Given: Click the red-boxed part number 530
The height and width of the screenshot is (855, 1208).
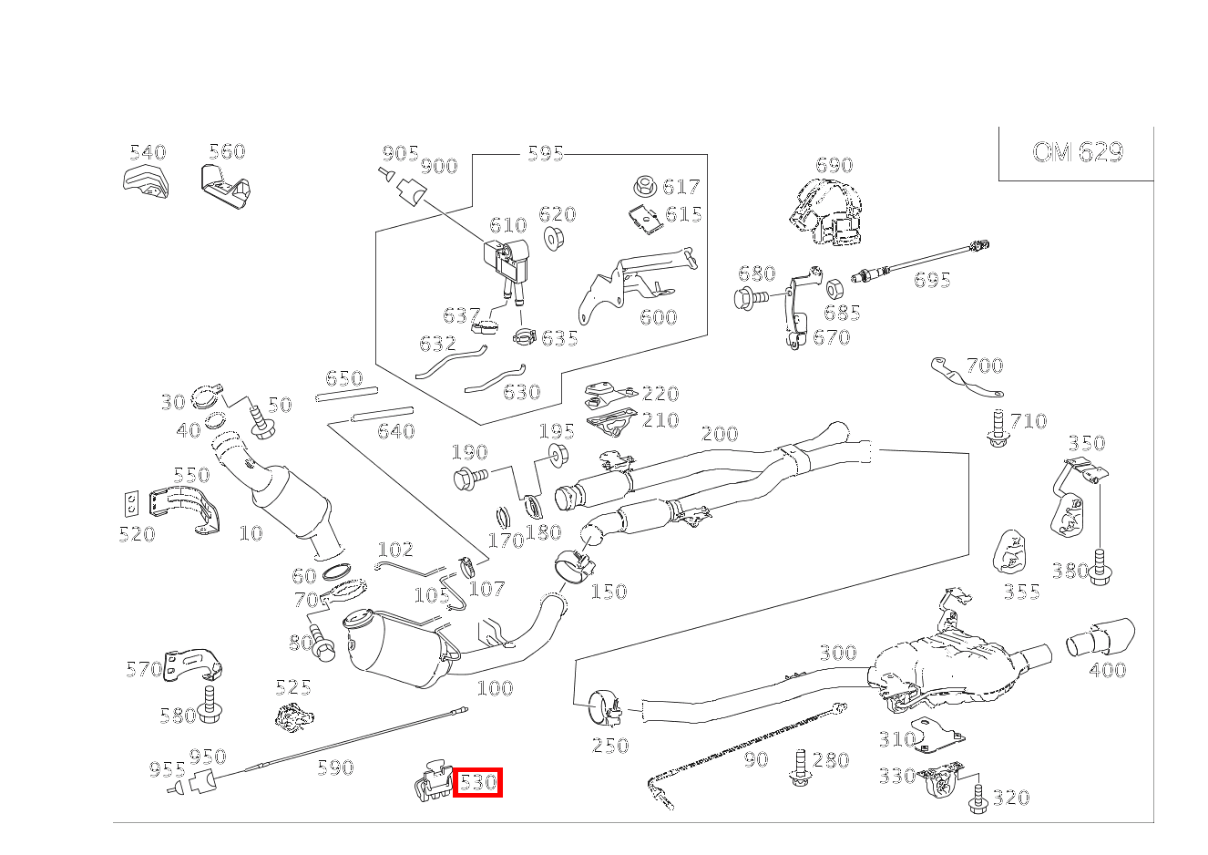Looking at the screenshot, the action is pyautogui.click(x=477, y=782).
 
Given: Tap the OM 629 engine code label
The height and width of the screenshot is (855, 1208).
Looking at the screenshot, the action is pyautogui.click(x=1078, y=152).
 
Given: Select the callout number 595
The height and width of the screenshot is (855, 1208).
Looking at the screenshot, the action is pyautogui.click(x=545, y=154).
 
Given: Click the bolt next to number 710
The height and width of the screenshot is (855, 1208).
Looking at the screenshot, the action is pyautogui.click(x=998, y=427).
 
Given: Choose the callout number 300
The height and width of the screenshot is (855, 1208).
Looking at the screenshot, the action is pyautogui.click(x=837, y=653).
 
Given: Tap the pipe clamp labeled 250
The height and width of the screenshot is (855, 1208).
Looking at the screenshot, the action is pyautogui.click(x=605, y=707).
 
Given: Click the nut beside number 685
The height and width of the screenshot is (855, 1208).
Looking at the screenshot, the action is pyautogui.click(x=834, y=289).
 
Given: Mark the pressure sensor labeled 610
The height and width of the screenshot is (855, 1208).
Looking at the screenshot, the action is pyautogui.click(x=506, y=261).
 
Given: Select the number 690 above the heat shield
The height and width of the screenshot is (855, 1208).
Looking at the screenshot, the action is pyautogui.click(x=834, y=164).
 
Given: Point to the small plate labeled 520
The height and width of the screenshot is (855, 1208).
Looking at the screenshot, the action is pyautogui.click(x=131, y=504).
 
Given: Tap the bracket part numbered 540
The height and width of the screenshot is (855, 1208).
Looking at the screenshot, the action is pyautogui.click(x=146, y=184).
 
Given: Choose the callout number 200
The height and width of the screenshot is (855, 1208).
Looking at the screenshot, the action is pyautogui.click(x=720, y=433).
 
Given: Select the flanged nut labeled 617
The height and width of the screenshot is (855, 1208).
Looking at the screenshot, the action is pyautogui.click(x=645, y=186).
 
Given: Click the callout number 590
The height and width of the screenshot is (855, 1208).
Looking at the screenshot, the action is pyautogui.click(x=335, y=767).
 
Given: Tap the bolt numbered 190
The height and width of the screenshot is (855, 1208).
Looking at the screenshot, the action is pyautogui.click(x=471, y=479).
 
